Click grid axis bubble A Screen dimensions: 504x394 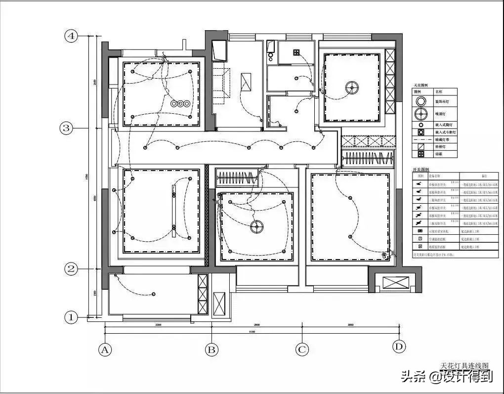[x=104, y=350]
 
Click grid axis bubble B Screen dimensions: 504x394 [x=212, y=350]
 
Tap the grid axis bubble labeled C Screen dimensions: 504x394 [x=302, y=350]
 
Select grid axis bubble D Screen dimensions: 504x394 [x=399, y=347]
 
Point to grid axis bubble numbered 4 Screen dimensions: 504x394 [x=72, y=36]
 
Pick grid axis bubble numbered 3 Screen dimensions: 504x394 [x=66, y=128]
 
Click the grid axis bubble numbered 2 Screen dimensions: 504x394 [x=72, y=269]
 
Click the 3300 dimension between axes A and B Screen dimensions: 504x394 [x=158, y=325]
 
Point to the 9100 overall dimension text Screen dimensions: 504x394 [x=252, y=332]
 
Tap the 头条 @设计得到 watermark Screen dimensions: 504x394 [x=447, y=377]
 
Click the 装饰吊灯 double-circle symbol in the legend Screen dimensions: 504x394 [x=420, y=101]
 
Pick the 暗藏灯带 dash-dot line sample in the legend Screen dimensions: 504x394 [x=420, y=140]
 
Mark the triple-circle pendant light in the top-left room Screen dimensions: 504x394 [x=180, y=104]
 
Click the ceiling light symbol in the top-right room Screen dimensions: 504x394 [x=351, y=88]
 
